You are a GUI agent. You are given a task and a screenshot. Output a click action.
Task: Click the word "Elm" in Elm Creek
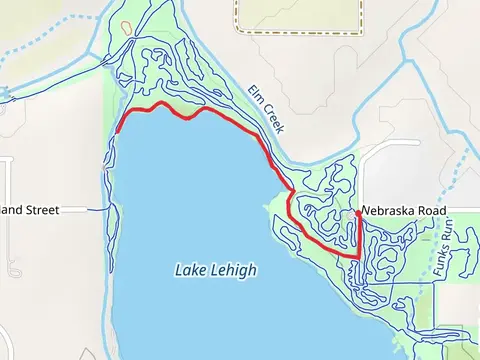pyautogui.click(x=255, y=98)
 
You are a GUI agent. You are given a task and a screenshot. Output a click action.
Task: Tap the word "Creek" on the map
pyautogui.click(x=270, y=120)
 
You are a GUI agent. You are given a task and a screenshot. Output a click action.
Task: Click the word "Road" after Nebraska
pyautogui.click(x=434, y=211)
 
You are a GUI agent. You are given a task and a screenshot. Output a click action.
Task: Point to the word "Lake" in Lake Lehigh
pyautogui.click(x=192, y=270)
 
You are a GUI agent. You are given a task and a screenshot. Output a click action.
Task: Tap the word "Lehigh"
pyautogui.click(x=234, y=270)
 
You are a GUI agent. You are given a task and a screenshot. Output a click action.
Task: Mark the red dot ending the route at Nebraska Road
pyautogui.click(x=358, y=213)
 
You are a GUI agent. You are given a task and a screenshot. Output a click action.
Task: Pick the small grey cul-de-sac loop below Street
pyautogui.click(x=12, y=268)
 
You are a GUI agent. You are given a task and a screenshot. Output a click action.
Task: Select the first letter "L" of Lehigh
pyautogui.click(x=216, y=270)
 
